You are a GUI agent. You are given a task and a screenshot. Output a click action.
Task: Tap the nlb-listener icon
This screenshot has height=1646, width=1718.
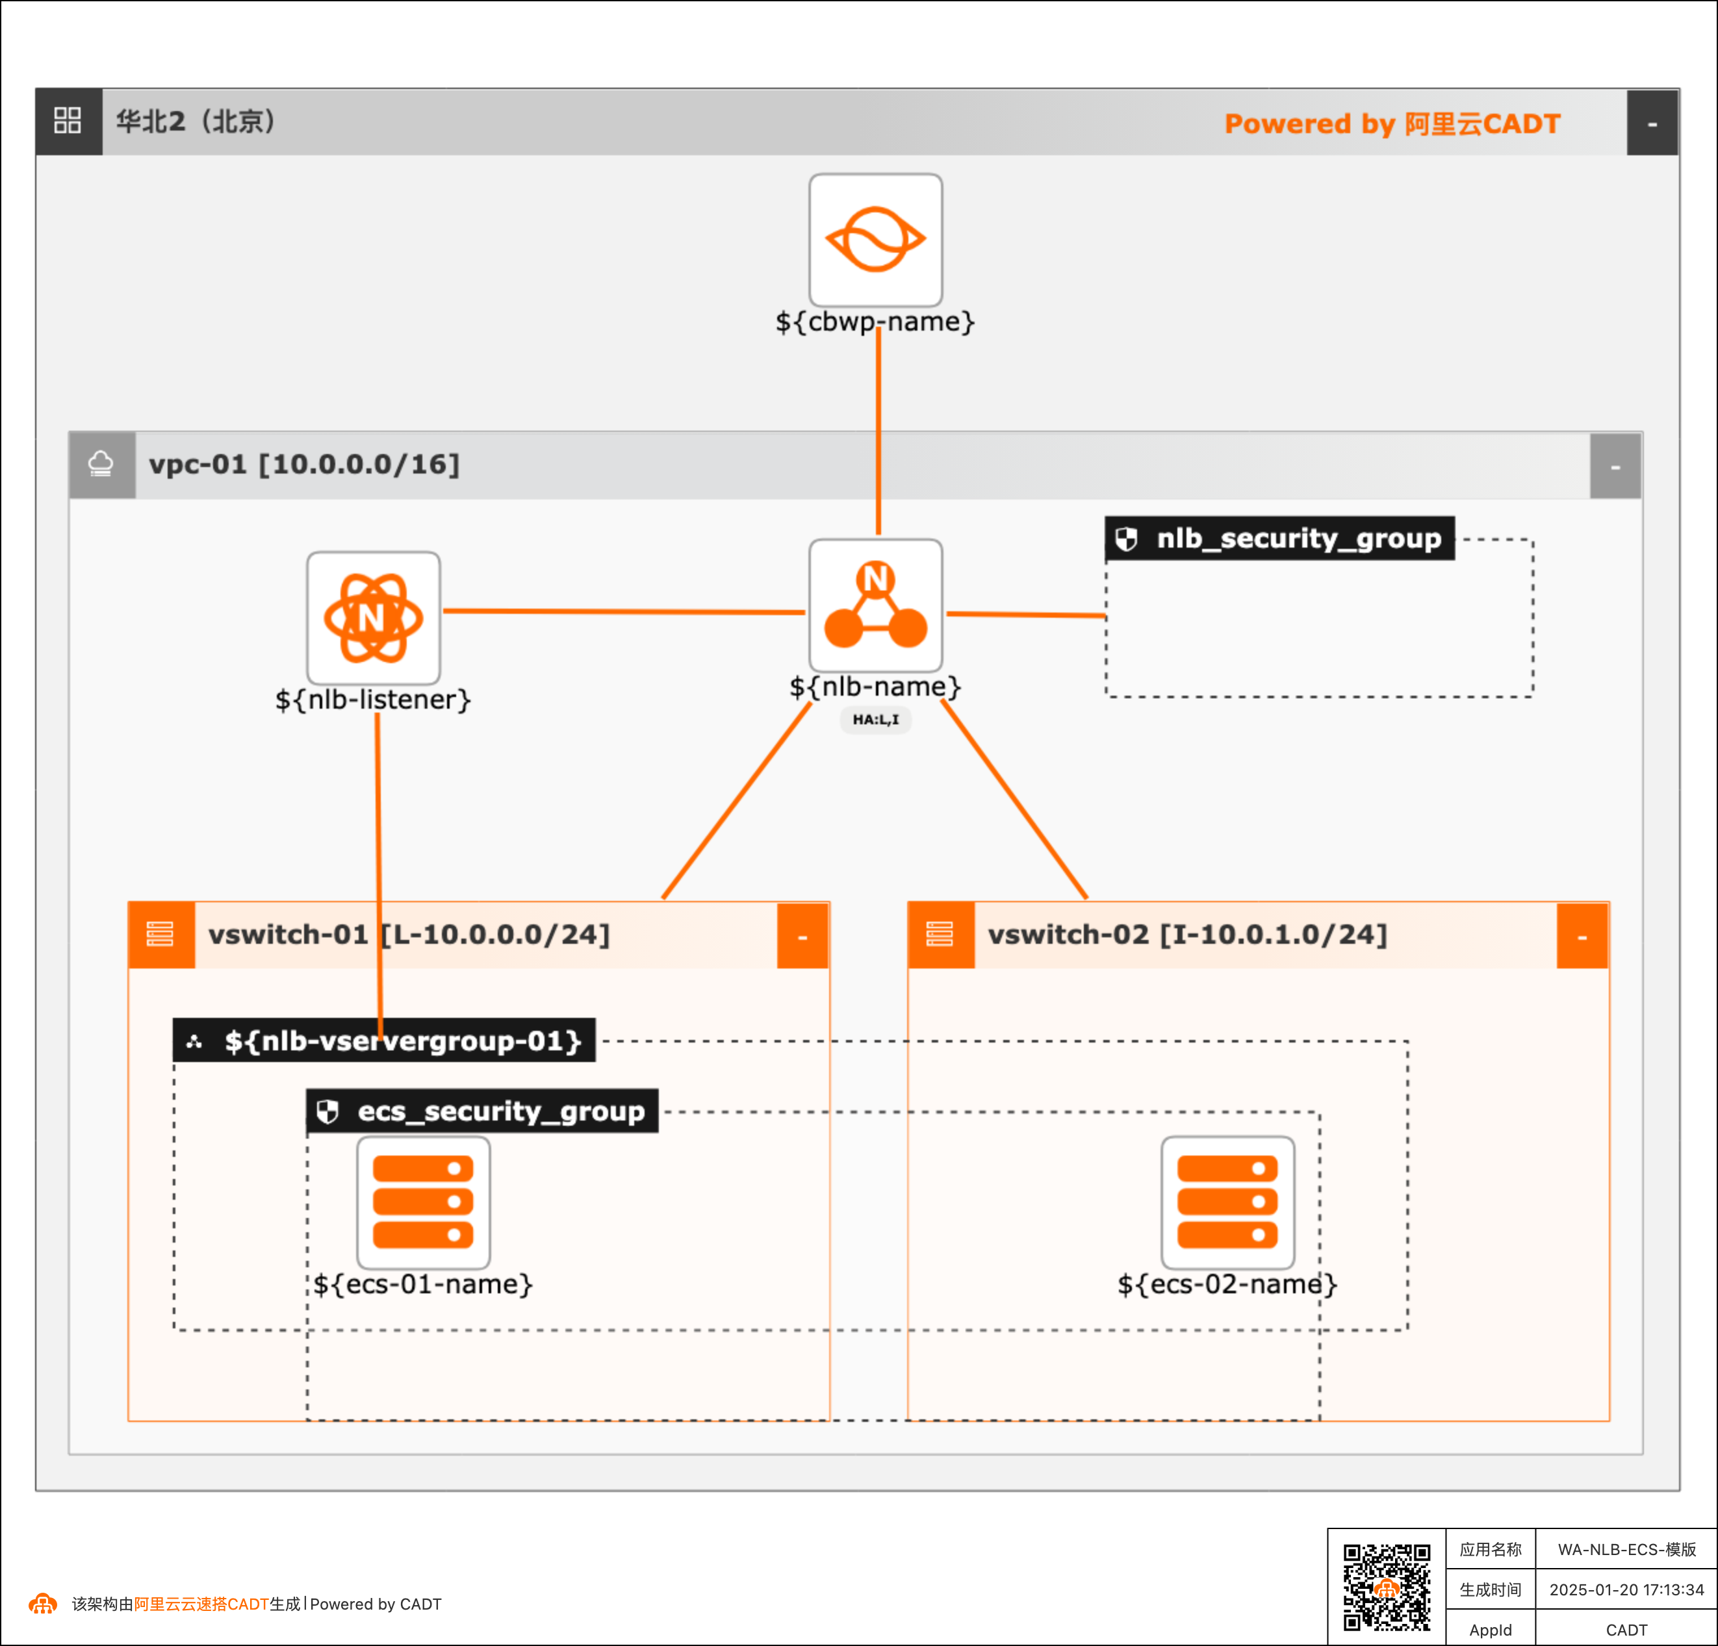(374, 618)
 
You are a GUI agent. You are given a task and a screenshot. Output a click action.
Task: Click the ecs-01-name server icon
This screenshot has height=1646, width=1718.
(424, 1202)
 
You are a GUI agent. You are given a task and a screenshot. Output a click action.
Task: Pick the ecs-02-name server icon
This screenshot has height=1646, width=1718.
(1227, 1202)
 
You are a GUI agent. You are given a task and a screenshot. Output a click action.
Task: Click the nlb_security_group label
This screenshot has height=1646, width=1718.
(1280, 538)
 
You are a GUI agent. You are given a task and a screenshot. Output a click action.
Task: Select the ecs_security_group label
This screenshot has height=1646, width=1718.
(483, 1111)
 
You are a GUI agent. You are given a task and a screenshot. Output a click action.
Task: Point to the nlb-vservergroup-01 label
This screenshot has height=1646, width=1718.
(385, 1041)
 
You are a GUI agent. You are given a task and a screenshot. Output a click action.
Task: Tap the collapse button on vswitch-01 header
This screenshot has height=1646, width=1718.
(802, 936)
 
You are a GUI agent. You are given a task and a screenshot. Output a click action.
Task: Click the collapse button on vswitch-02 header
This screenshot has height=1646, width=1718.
(1582, 936)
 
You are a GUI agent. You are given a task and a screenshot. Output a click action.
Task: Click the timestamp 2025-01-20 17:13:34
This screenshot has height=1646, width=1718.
(1626, 1589)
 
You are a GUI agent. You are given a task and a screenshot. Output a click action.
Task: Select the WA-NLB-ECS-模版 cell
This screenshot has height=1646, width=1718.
(1626, 1549)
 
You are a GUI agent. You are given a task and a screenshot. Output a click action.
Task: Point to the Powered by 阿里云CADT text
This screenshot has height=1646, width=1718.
(1392, 123)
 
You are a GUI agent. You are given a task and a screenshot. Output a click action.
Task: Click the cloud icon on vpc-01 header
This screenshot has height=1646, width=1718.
(101, 464)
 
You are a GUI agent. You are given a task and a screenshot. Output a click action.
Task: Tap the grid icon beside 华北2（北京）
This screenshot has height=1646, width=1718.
(68, 121)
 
